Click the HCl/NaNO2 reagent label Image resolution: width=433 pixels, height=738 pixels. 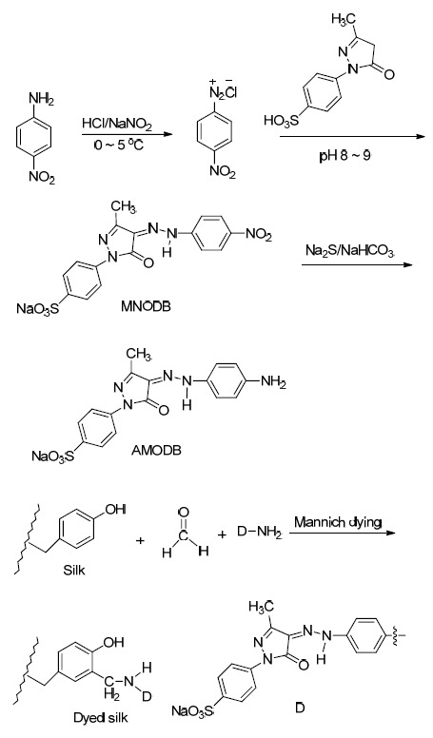tap(117, 125)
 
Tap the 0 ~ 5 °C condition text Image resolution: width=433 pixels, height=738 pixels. tap(119, 145)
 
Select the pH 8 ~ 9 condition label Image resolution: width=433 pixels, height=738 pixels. tap(344, 156)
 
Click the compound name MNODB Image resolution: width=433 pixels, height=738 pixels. tap(146, 307)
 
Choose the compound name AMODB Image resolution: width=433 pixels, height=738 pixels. tap(155, 451)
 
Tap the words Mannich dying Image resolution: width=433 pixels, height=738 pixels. tap(338, 522)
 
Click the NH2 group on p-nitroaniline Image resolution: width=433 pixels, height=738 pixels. tap(42, 98)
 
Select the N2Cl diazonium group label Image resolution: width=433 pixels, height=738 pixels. tap(223, 93)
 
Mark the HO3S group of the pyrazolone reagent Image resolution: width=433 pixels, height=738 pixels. tap(282, 122)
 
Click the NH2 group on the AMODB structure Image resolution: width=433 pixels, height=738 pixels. tap(273, 383)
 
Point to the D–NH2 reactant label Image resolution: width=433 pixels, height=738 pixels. tap(259, 534)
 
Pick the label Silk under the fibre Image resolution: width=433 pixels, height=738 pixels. tap(74, 571)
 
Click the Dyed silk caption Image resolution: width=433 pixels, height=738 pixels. tap(100, 718)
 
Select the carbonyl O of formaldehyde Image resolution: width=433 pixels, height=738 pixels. tap(184, 512)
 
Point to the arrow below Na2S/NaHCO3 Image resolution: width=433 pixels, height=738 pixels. tap(357, 265)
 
